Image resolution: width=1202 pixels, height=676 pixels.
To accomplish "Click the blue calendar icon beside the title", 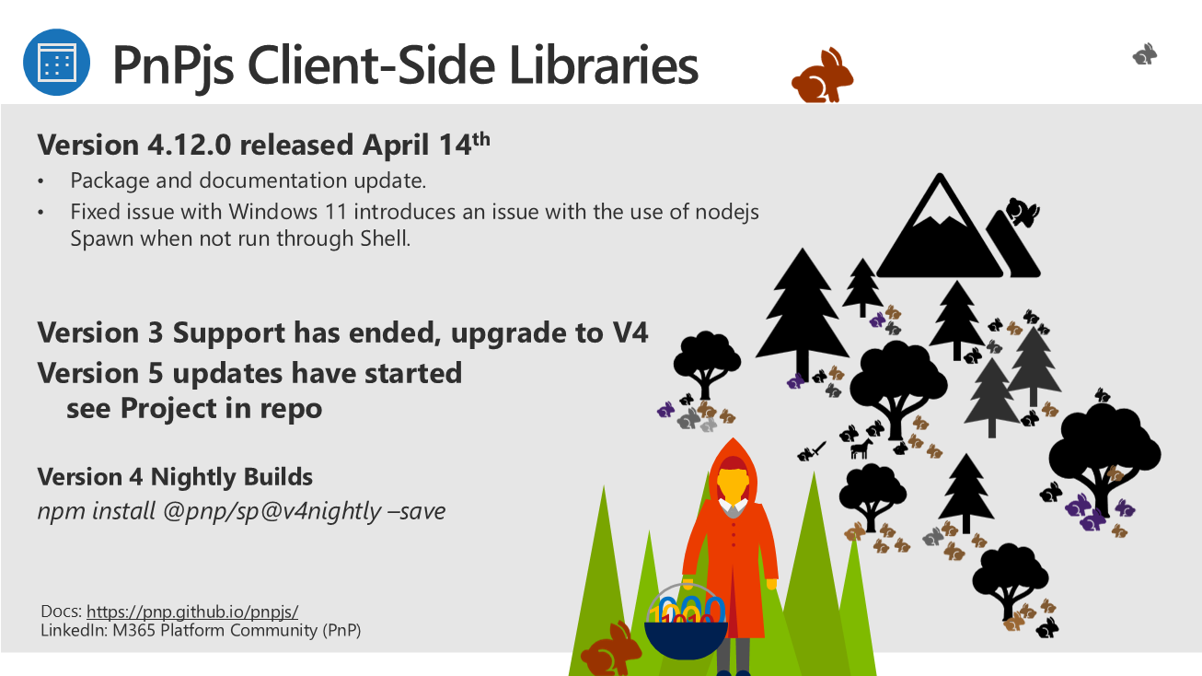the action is point(56,63).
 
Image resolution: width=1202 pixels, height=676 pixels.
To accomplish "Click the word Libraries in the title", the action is point(604,65).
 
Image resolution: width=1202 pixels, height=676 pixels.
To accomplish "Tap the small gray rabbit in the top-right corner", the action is point(1145,54).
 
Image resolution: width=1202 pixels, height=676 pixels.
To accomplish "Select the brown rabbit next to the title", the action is point(822,76).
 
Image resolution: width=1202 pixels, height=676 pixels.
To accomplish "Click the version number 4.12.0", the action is point(190,145).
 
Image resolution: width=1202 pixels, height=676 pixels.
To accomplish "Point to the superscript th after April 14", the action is point(481,139).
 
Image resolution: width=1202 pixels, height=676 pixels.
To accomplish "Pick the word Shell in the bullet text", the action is point(385,239).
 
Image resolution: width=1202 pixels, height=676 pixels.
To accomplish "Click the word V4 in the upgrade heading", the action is point(630,332).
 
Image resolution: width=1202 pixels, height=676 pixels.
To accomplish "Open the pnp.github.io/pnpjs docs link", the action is point(192,612).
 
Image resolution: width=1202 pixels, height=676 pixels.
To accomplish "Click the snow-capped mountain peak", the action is point(940,225).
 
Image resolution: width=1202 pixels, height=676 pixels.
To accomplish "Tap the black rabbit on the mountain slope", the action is point(1023,212).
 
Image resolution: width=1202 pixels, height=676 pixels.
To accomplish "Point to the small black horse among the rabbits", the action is point(861,448).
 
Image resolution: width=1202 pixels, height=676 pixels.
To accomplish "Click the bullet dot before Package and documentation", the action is point(40,181).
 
